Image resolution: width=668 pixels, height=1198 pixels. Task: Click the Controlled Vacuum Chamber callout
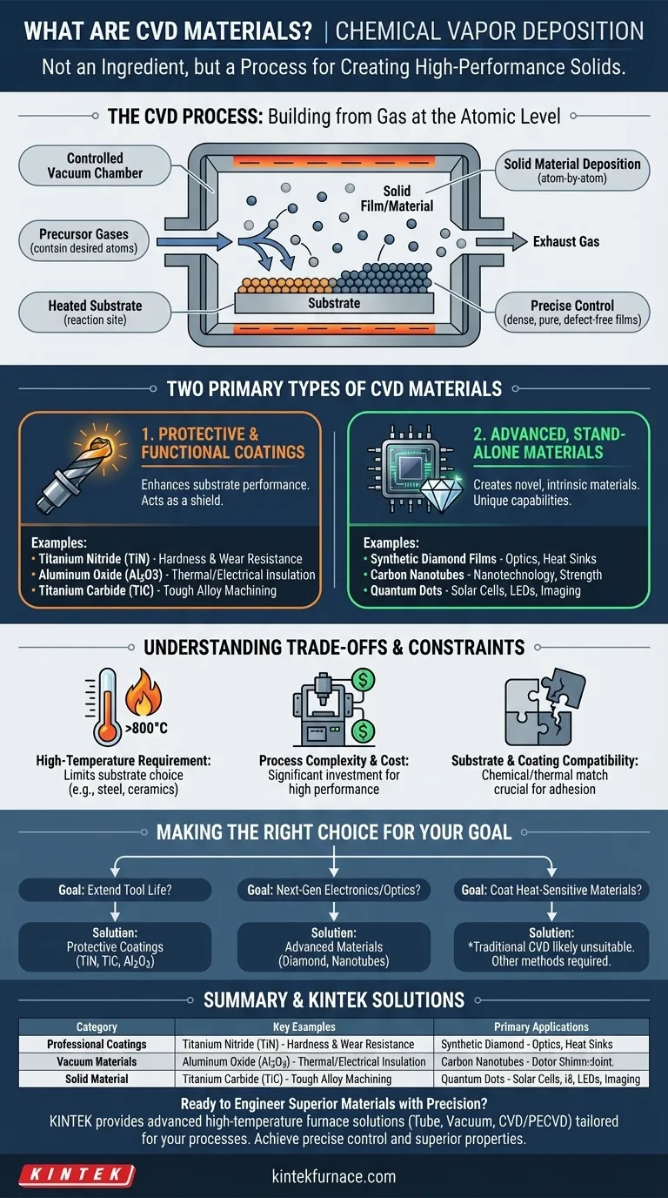[95, 165]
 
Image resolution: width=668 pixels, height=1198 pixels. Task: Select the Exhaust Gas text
[566, 242]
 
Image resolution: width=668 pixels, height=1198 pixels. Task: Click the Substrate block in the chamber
[334, 303]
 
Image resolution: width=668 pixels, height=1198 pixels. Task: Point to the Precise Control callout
[572, 313]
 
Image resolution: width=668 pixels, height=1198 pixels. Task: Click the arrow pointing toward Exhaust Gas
[501, 242]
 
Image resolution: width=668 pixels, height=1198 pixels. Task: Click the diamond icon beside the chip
[442, 493]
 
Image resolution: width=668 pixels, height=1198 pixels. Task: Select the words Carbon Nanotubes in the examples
[417, 575]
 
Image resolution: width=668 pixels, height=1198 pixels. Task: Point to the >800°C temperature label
[146, 729]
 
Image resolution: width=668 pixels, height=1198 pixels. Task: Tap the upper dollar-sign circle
[364, 680]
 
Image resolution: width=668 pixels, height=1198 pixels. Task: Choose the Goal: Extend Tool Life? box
[115, 890]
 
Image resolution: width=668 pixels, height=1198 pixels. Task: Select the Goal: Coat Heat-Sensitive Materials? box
[551, 890]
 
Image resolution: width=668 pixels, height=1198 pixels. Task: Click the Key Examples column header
[304, 1026]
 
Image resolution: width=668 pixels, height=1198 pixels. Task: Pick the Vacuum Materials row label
[97, 1061]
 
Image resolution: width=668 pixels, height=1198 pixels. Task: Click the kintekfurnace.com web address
[334, 1176]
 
